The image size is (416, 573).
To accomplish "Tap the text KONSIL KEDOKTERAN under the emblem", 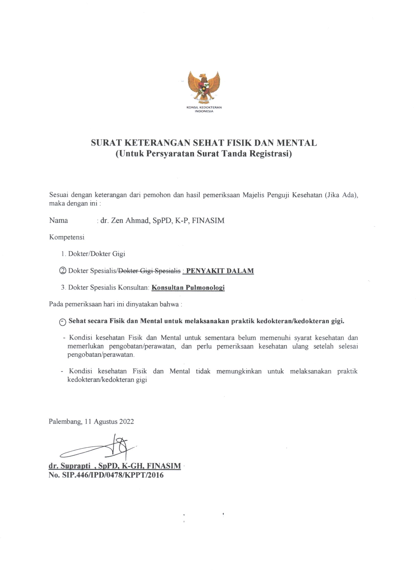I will click(204, 107).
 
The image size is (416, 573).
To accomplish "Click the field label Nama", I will click(58, 221).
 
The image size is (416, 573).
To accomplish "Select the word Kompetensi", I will click(67, 237).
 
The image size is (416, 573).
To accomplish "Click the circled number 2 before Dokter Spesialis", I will click(63, 271).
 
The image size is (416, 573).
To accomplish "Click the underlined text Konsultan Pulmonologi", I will click(188, 287).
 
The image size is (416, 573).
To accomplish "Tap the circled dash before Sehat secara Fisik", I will click(63, 322).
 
